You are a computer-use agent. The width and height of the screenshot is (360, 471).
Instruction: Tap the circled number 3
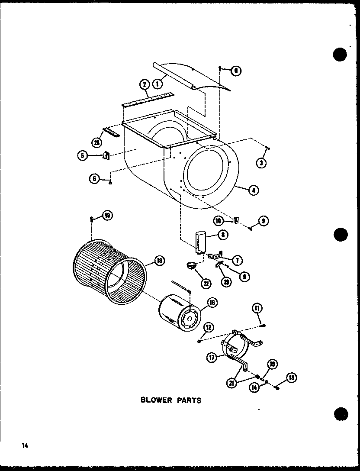click(x=261, y=163)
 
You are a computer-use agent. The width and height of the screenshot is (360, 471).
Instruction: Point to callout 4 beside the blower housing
click(x=254, y=189)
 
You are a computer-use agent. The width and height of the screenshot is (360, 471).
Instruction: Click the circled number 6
click(x=94, y=178)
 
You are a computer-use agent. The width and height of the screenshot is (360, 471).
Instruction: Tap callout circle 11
click(x=257, y=308)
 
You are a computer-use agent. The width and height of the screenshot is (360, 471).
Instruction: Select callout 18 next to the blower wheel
click(x=160, y=261)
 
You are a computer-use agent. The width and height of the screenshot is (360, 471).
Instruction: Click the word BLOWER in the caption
click(x=155, y=400)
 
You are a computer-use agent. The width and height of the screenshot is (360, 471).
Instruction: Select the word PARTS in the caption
click(x=187, y=400)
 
